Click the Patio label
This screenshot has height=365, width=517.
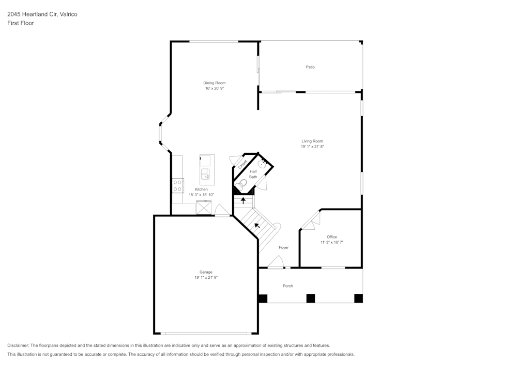(310, 67)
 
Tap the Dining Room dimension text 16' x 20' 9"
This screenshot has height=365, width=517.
(214, 88)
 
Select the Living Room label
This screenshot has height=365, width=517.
(312, 141)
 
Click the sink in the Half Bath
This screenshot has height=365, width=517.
(264, 164)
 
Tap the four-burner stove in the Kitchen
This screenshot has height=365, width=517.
(177, 185)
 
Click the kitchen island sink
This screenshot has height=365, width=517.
(206, 173)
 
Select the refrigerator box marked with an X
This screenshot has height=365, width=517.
(204, 208)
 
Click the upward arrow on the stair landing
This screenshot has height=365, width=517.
(243, 200)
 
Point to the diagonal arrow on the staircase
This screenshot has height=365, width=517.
(257, 225)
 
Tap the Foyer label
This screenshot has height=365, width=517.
(283, 248)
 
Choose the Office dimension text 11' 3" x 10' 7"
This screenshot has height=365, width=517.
(331, 242)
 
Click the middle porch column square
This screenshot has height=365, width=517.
(310, 298)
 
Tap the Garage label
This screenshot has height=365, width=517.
(206, 272)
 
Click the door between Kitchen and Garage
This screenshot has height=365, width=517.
(222, 211)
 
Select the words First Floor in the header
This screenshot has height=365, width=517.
(21, 23)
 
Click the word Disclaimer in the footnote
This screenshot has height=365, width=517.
(18, 345)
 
